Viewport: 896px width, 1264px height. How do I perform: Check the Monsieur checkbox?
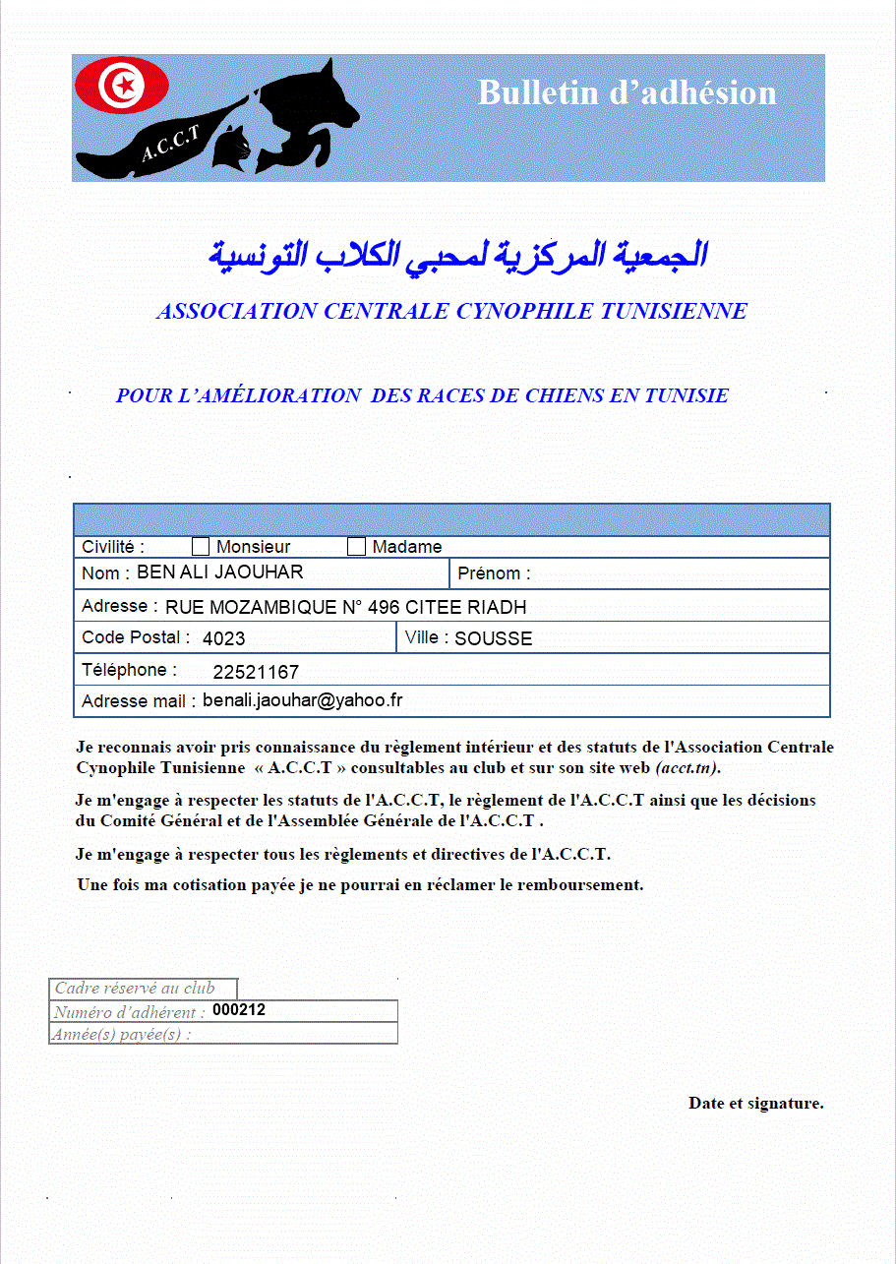(x=201, y=546)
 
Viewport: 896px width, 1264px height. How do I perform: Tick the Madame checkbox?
(x=356, y=546)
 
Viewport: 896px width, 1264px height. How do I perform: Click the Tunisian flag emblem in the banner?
(x=123, y=87)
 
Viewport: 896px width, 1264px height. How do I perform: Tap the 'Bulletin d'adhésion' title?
(x=627, y=92)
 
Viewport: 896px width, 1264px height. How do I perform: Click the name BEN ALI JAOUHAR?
(x=219, y=572)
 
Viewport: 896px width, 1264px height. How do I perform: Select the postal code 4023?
(x=223, y=638)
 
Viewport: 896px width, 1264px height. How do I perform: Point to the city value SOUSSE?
(x=493, y=638)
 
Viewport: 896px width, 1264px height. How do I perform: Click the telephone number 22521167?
(x=256, y=673)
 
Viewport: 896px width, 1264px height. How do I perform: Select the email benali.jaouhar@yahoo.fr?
(x=303, y=700)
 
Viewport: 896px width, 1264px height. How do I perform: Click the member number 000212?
(x=239, y=1010)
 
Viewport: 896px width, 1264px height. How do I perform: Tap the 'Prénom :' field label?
(x=494, y=573)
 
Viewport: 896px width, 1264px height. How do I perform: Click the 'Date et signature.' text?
(x=755, y=1103)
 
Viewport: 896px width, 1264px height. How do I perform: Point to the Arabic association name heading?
(x=458, y=254)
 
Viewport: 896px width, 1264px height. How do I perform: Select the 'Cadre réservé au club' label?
(x=135, y=989)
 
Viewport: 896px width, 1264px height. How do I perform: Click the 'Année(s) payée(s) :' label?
(x=122, y=1034)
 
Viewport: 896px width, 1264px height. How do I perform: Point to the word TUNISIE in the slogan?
(x=684, y=395)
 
